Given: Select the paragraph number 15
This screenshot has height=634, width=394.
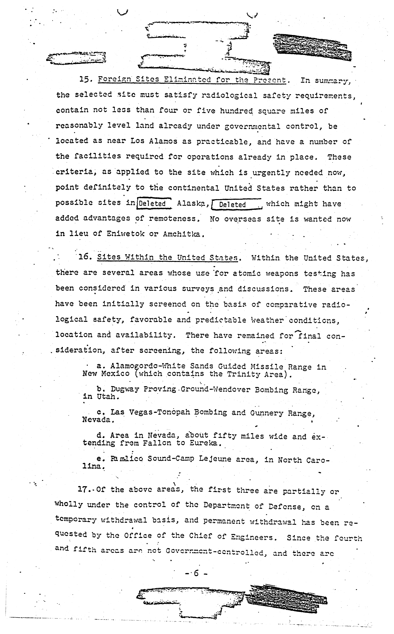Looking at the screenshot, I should (x=85, y=79).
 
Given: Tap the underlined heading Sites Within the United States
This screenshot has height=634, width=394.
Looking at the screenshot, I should (x=168, y=258).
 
